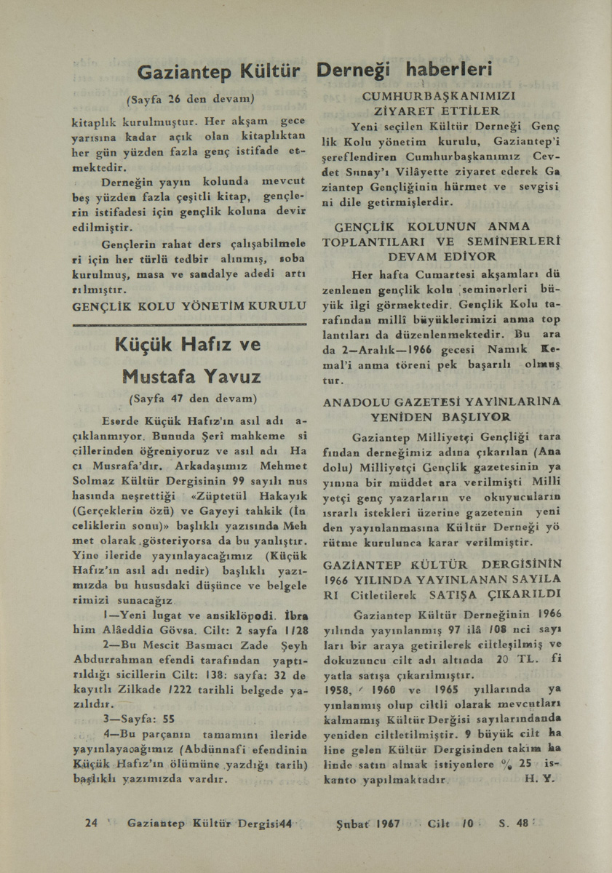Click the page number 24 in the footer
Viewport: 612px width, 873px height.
(x=92, y=824)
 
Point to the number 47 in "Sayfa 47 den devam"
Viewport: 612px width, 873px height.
(x=175, y=399)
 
